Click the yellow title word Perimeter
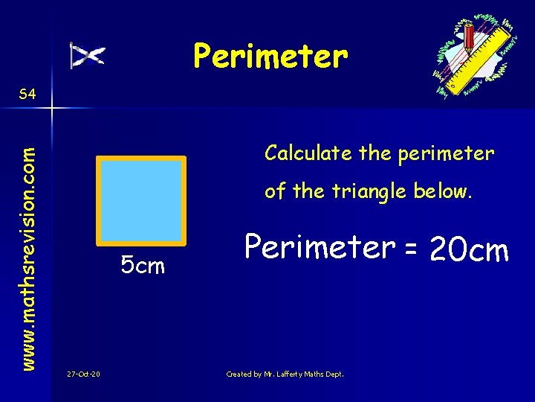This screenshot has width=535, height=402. pos(270,56)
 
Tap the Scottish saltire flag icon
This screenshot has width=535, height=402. pos(88,56)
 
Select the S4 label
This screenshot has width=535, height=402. pos(28,94)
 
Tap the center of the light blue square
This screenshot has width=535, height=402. pos(141,201)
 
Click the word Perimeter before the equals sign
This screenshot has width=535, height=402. pos(320,246)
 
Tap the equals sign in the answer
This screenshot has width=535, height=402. pos(410,250)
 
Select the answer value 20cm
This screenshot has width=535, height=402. pos(469,250)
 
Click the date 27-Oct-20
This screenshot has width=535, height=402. pos(83,374)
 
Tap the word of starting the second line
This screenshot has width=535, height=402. pos(275,191)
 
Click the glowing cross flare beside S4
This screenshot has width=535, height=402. pos(52,109)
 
